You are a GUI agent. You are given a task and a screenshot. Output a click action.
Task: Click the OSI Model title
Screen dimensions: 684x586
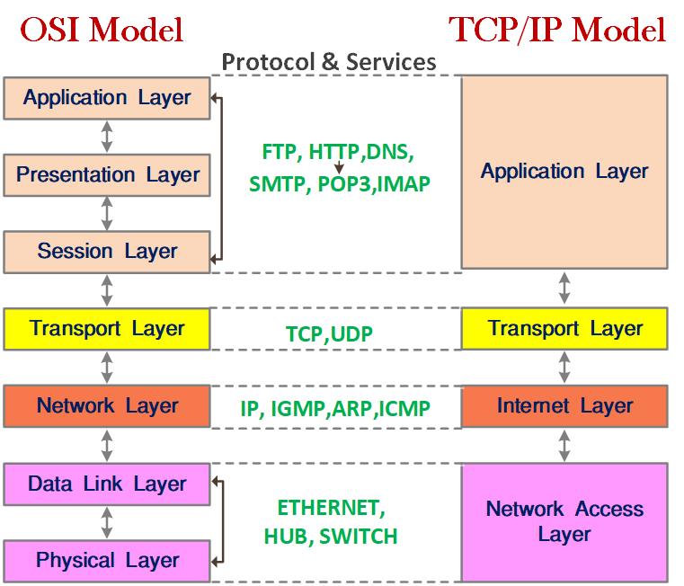(x=102, y=30)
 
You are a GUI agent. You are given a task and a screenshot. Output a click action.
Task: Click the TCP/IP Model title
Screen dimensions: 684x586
(x=557, y=30)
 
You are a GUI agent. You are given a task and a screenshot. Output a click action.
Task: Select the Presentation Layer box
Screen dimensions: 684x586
(x=107, y=175)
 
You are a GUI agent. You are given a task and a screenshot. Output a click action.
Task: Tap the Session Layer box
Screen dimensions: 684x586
(x=107, y=252)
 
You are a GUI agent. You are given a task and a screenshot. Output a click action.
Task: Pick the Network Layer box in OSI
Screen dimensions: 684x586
(x=107, y=405)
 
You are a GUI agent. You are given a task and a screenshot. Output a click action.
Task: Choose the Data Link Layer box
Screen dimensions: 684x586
(x=107, y=484)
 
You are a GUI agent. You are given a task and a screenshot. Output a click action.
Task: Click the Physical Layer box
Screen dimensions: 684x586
(x=107, y=561)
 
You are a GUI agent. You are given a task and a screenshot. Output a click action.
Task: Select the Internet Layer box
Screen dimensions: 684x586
(x=564, y=405)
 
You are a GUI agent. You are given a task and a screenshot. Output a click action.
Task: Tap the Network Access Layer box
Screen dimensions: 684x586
(x=564, y=522)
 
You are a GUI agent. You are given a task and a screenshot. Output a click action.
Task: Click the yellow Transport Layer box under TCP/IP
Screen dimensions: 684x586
(x=564, y=329)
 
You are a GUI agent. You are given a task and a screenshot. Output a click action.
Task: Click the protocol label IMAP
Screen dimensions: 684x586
(x=404, y=183)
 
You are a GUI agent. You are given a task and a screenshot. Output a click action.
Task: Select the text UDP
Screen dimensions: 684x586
(x=351, y=333)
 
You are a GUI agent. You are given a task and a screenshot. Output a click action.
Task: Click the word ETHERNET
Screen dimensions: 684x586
(x=331, y=508)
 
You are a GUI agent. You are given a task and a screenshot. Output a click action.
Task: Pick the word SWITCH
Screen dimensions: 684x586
(x=358, y=537)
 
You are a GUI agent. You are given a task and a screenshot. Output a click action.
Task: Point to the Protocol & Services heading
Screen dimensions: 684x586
(x=329, y=61)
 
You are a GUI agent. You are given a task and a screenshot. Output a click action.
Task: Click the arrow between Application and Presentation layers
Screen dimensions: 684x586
(x=107, y=137)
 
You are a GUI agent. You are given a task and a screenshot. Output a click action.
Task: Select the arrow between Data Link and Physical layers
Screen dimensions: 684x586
(x=107, y=523)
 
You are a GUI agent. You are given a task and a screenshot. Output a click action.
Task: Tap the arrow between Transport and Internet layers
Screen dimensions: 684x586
(x=564, y=368)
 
